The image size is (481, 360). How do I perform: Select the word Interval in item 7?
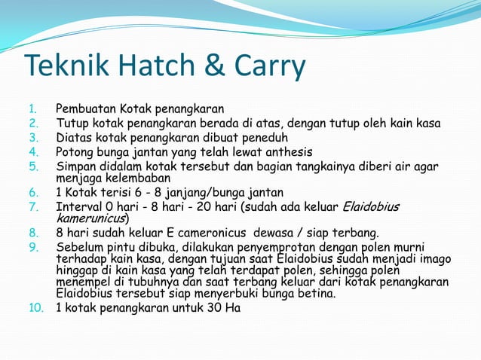(78, 206)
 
